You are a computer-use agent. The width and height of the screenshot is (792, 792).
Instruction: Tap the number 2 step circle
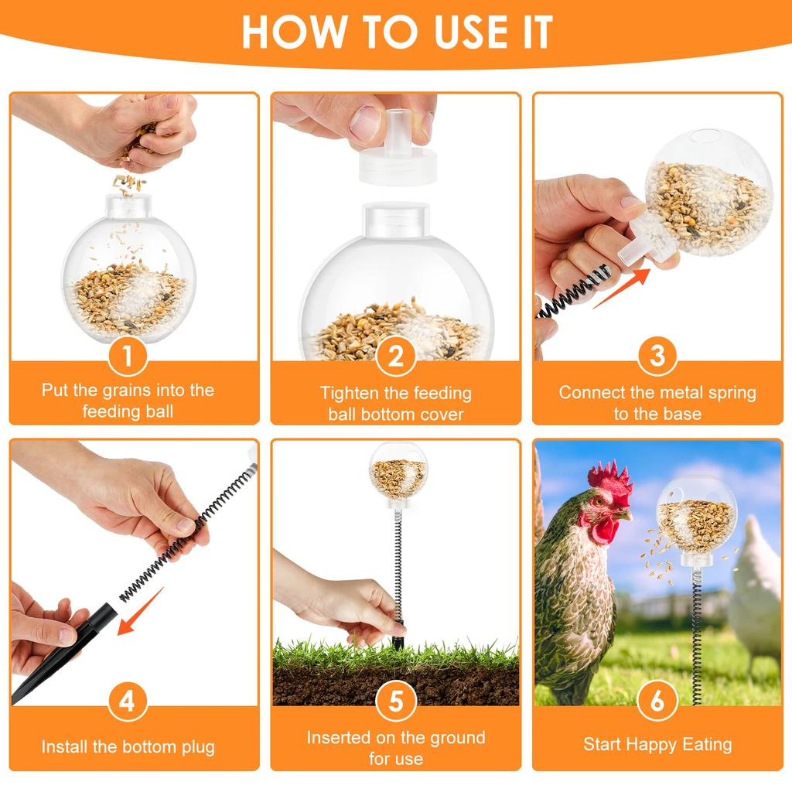(396, 357)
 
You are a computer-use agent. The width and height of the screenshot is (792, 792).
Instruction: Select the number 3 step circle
(657, 357)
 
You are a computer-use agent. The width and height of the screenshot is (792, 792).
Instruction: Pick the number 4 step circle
(128, 702)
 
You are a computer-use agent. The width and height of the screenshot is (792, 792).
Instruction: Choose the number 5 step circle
(396, 702)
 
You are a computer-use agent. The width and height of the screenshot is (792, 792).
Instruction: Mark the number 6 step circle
(657, 702)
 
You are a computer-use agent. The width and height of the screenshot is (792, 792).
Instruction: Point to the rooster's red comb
(610, 480)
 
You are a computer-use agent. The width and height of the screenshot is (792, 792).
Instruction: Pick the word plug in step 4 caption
(196, 747)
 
